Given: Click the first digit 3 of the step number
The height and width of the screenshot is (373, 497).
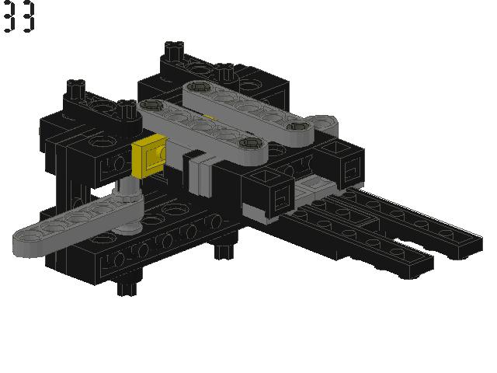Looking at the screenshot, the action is [x=9, y=16].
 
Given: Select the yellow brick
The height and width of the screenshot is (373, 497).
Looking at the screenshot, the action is [x=149, y=155].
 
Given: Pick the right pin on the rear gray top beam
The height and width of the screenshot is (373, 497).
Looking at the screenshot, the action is [x=297, y=127].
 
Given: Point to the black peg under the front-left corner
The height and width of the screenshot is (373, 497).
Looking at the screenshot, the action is [x=127, y=286].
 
